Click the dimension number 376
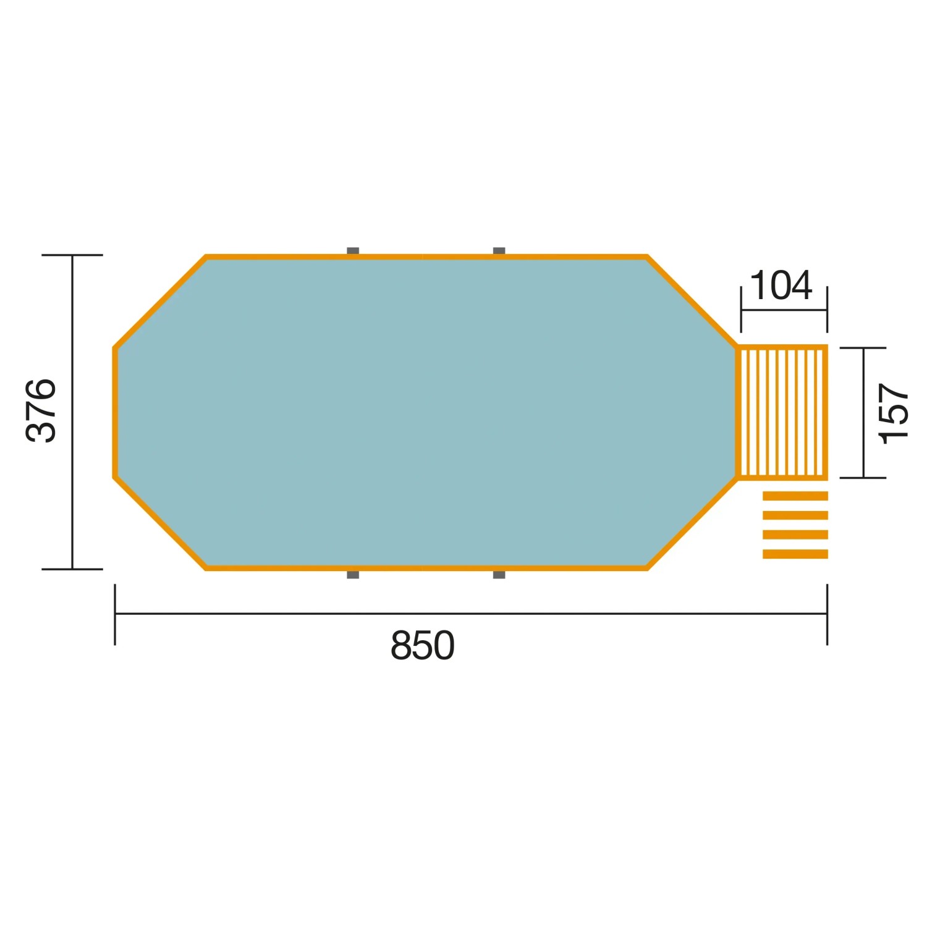(x=41, y=410)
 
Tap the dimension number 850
(x=423, y=646)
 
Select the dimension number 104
(x=781, y=286)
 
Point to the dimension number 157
(x=894, y=413)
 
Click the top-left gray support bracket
(x=353, y=251)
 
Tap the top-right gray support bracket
(x=499, y=251)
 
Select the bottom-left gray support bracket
(x=353, y=575)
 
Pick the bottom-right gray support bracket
(x=499, y=575)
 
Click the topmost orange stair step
(x=795, y=496)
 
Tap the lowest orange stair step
(x=795, y=554)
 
